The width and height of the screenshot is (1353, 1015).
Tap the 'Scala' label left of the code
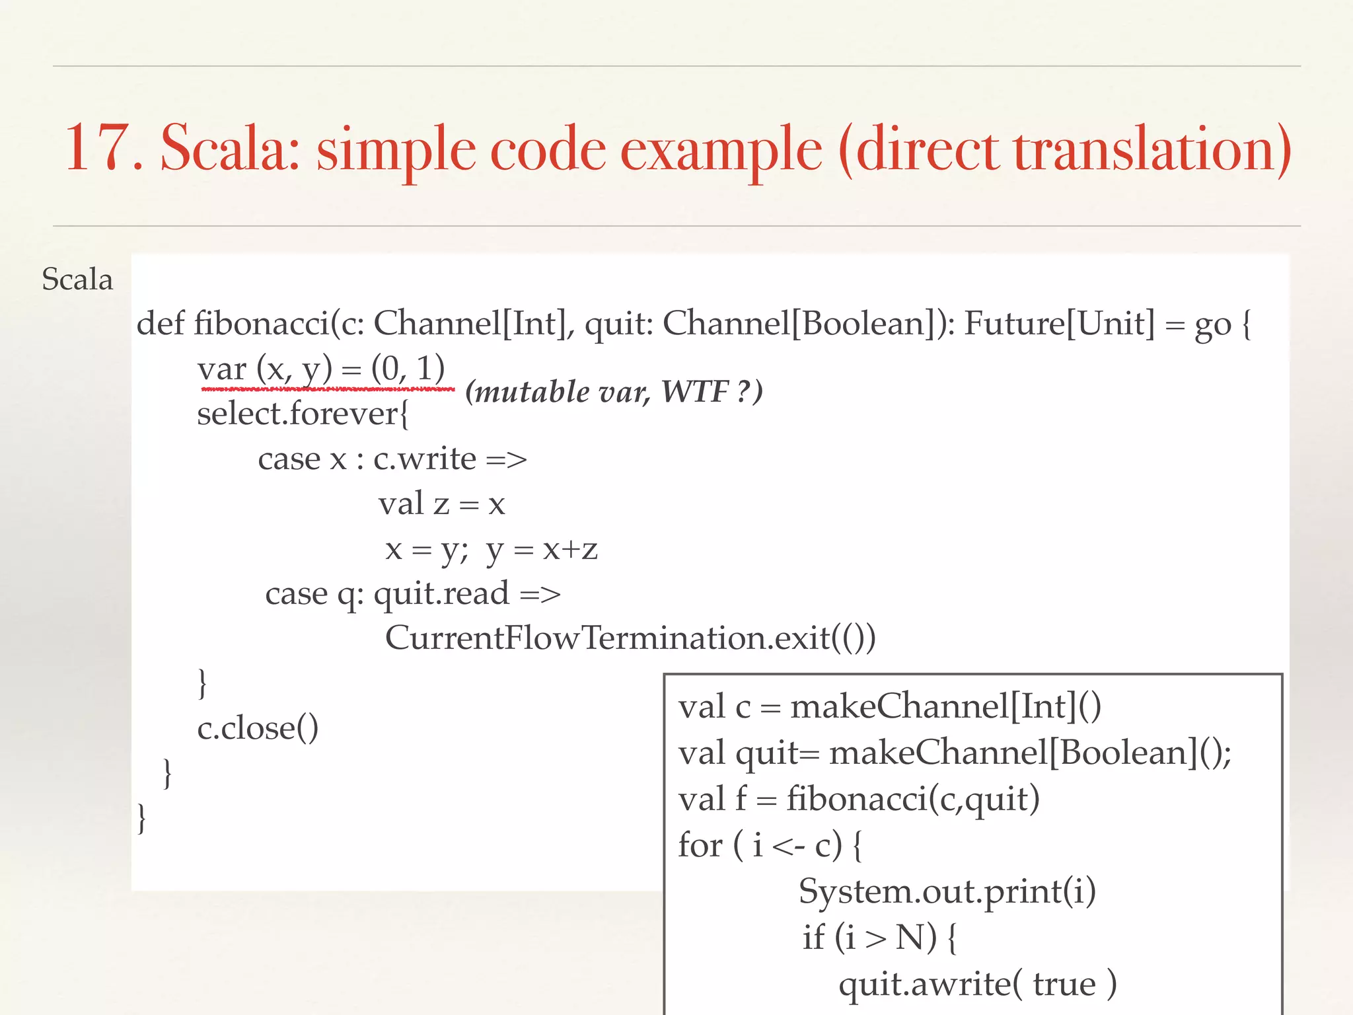pyautogui.click(x=77, y=279)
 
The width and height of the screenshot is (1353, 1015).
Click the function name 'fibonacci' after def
pyautogui.click(x=261, y=324)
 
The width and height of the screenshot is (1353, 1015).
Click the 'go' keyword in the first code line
pyautogui.click(x=1213, y=325)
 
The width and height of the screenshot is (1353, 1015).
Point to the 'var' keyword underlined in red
pyautogui.click(x=221, y=369)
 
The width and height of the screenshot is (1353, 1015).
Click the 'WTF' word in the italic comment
pyautogui.click(x=694, y=392)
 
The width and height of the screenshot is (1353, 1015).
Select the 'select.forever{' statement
pyautogui.click(x=303, y=414)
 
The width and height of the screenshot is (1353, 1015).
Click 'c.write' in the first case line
pyautogui.click(x=424, y=459)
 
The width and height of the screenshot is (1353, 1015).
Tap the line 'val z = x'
pyautogui.click(x=441, y=504)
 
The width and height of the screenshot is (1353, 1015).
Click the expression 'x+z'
pyautogui.click(x=570, y=549)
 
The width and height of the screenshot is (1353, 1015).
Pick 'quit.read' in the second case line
pyautogui.click(x=441, y=594)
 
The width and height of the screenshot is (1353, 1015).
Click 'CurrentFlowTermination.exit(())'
pyautogui.click(x=630, y=638)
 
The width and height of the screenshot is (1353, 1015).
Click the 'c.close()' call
pyautogui.click(x=258, y=728)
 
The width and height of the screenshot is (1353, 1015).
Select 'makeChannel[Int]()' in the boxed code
pyautogui.click(x=945, y=706)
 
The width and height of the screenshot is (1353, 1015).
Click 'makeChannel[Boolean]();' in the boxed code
pyautogui.click(x=1030, y=753)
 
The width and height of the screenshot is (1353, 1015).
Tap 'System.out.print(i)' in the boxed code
pyautogui.click(x=947, y=891)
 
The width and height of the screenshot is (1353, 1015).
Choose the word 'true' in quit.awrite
pyautogui.click(x=1064, y=984)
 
